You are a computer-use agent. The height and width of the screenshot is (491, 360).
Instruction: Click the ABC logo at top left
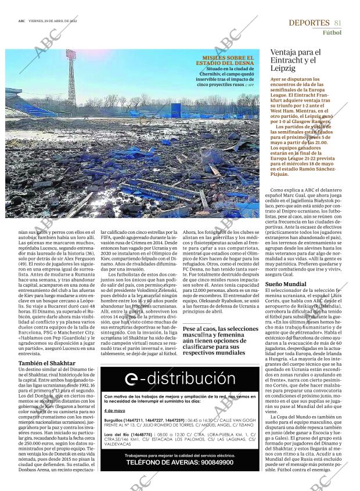[x=21, y=21]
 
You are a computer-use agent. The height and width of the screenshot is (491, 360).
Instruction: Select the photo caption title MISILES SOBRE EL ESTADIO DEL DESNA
[x=225, y=60]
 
